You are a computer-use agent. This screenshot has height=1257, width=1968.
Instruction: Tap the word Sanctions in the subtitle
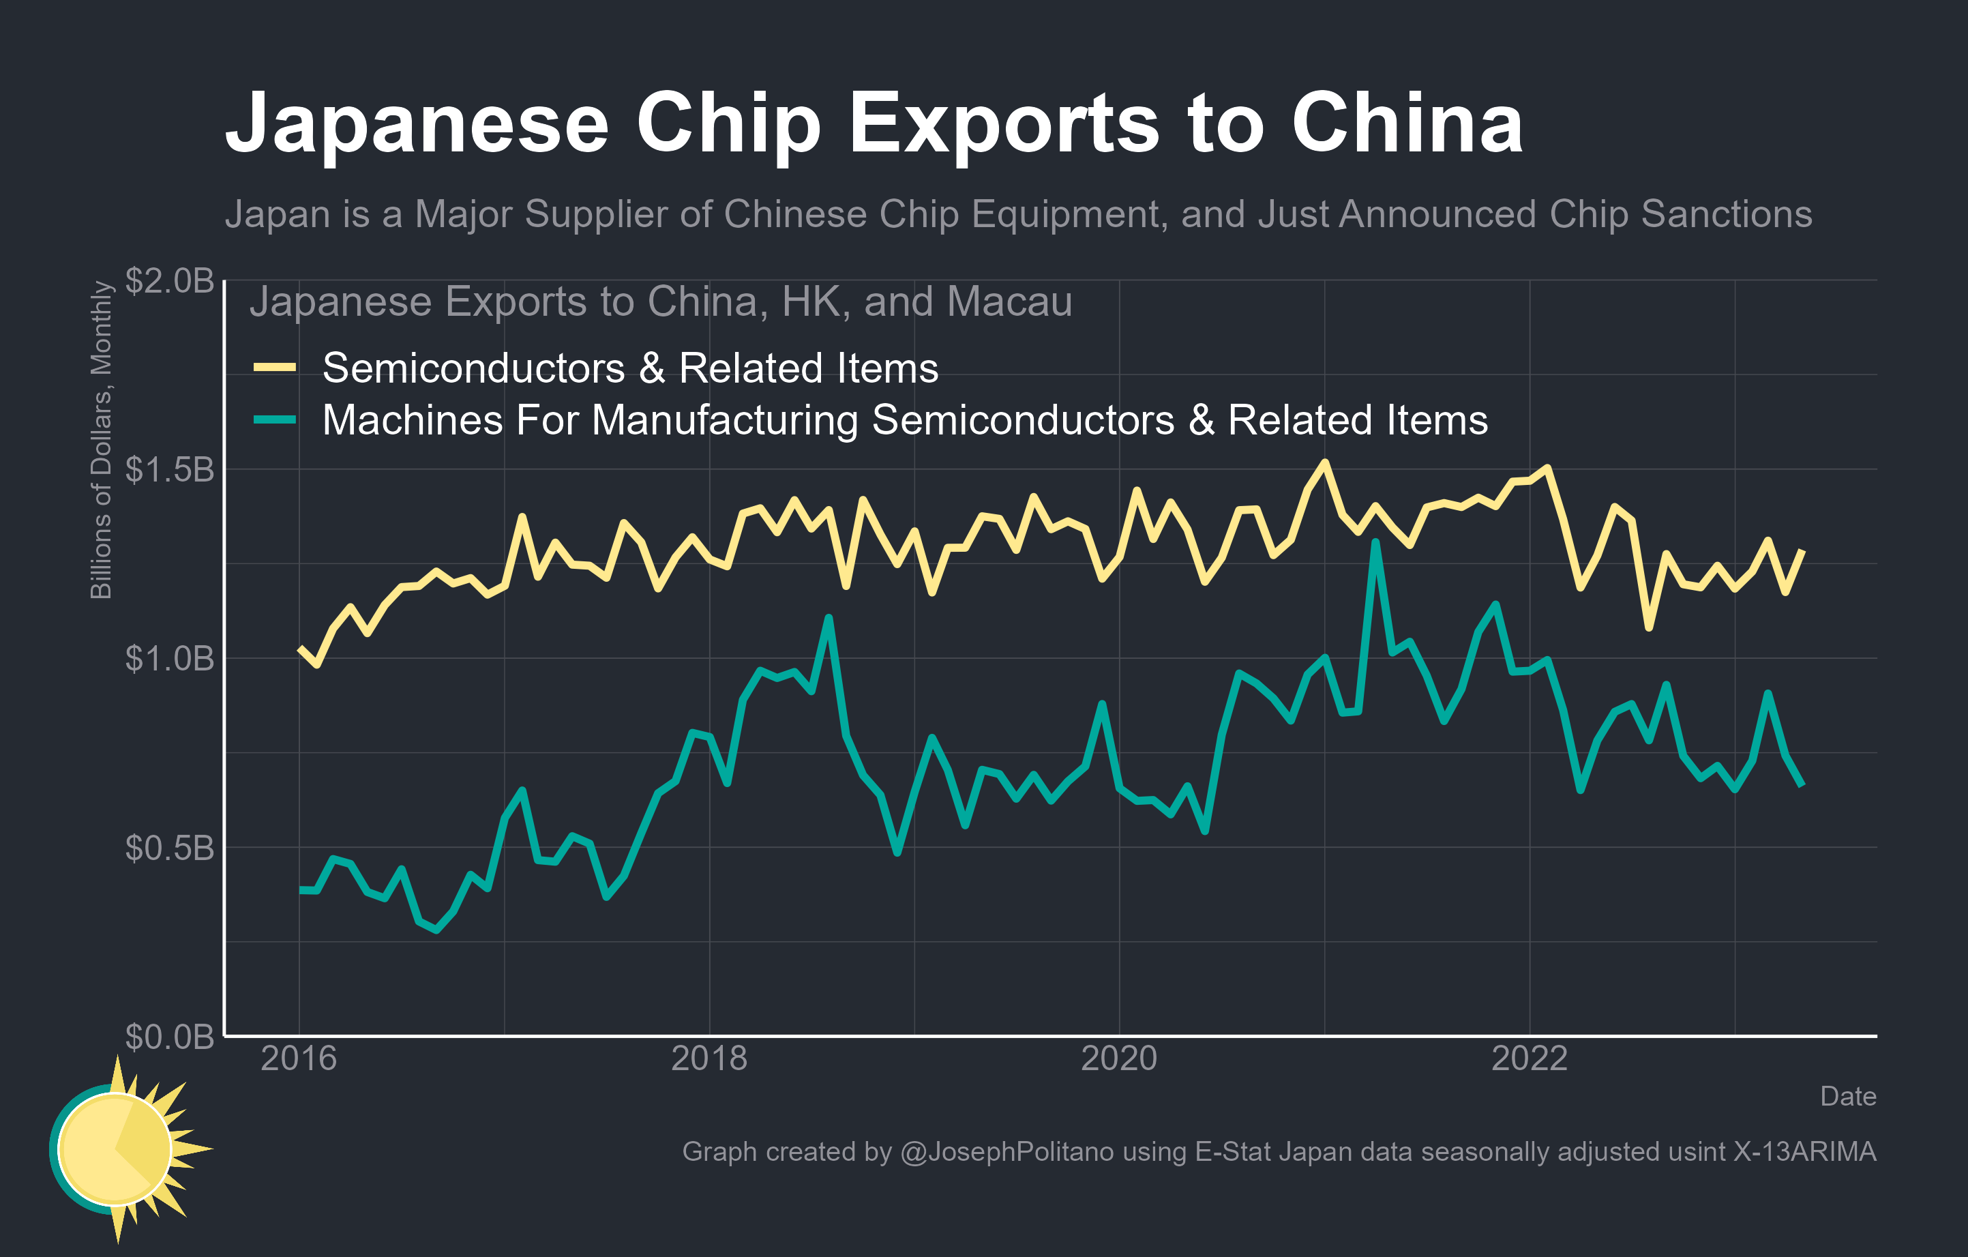1726,214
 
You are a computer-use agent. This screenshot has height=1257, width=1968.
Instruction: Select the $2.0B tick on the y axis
169,280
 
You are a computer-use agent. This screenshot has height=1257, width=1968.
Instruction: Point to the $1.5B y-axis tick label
169,470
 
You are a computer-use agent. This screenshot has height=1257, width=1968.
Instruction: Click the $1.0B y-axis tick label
169,659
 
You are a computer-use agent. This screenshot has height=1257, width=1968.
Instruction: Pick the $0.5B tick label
169,848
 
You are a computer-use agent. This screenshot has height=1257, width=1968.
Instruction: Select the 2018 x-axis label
709,1059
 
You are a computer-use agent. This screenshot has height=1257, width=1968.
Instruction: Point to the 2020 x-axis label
1119,1059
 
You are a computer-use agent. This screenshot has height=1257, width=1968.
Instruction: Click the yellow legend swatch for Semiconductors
275,368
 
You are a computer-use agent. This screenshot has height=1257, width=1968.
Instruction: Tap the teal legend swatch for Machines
275,420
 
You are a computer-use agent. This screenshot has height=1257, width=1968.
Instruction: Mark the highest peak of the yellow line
1325,462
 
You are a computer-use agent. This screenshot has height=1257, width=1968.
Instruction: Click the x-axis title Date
1847,1097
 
